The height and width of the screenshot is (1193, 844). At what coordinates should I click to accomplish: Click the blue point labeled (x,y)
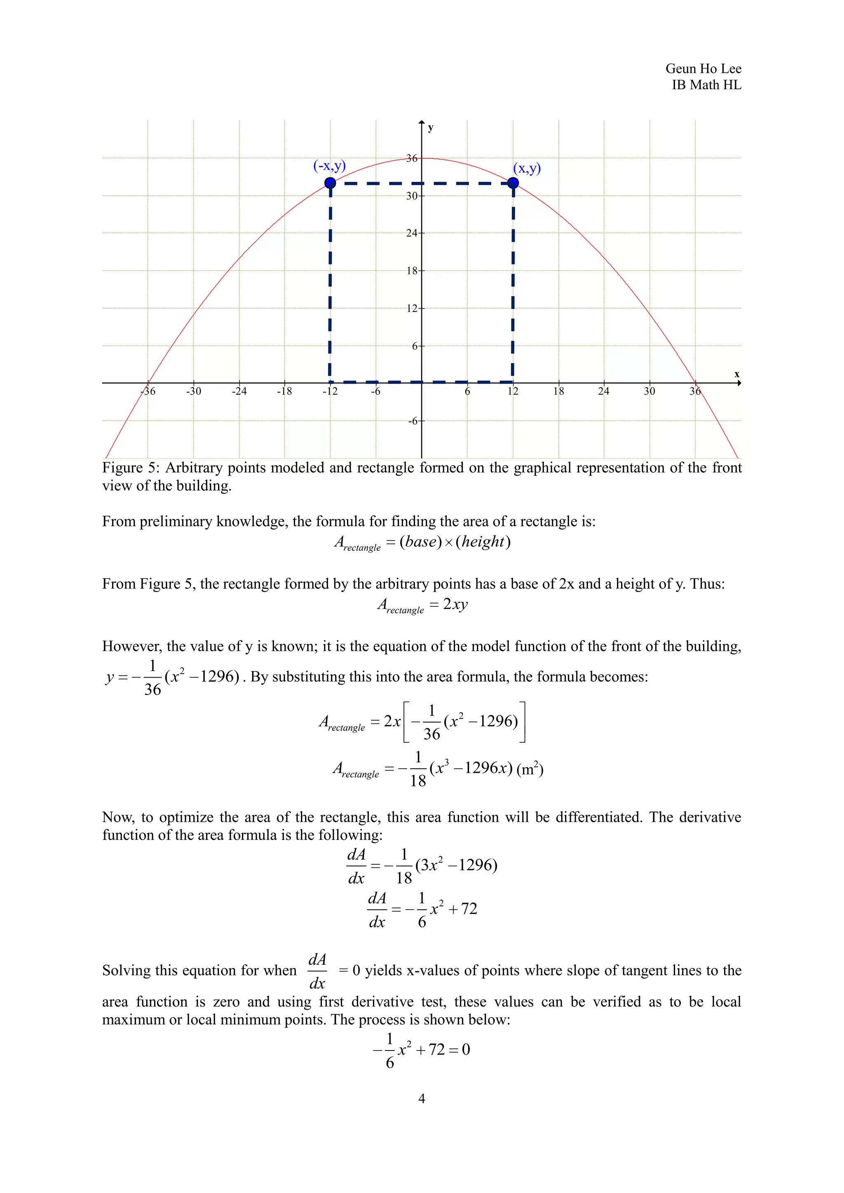pos(513,183)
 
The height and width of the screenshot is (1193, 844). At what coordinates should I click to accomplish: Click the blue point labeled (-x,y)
pos(330,183)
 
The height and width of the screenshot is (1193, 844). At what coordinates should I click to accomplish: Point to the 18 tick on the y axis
pos(412,271)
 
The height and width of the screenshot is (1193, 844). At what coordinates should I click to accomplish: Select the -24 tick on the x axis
pos(239,391)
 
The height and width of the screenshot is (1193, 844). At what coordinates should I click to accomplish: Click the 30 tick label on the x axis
pos(649,391)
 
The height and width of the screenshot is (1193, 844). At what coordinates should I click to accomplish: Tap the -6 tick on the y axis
pos(413,421)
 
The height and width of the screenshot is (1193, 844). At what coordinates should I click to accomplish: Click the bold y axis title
pos(430,128)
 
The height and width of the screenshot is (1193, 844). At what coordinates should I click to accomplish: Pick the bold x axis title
pos(736,374)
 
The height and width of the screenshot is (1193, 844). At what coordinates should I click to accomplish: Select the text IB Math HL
pos(706,85)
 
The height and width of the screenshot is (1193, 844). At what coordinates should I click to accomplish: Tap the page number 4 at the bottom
pos(422,1098)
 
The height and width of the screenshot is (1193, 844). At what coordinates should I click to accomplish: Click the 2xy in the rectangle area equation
pos(455,604)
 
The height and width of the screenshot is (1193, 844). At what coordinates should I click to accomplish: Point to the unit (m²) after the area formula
pos(530,768)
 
